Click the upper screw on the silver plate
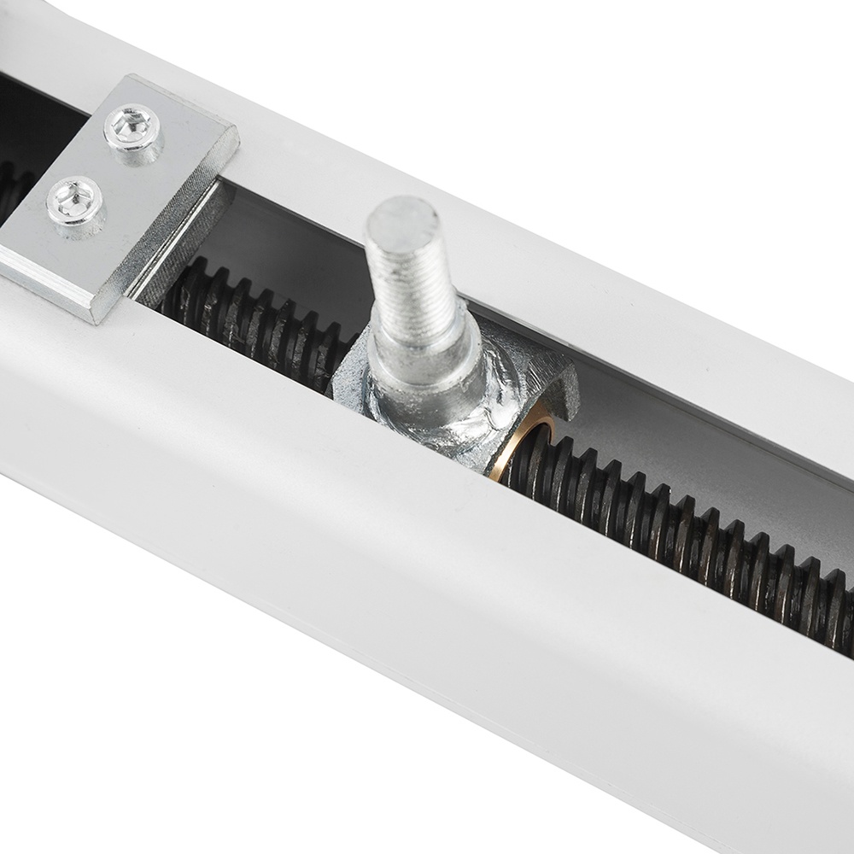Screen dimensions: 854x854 132,128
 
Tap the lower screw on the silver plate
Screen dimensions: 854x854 75,202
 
